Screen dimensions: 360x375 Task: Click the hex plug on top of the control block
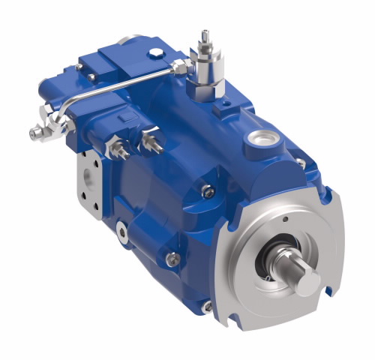tap(154, 52)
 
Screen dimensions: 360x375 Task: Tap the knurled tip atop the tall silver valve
tap(204, 35)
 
